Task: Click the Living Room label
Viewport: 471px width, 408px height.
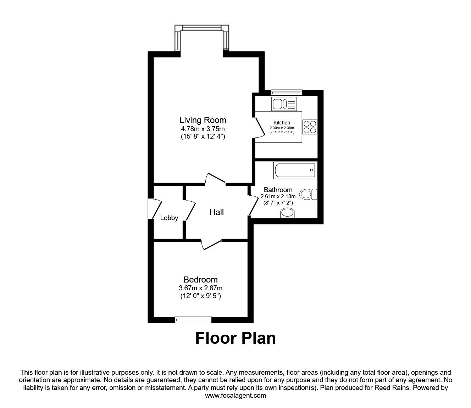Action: click(203, 120)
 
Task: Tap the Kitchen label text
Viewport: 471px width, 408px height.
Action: click(282, 123)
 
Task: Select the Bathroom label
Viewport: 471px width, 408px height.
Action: click(278, 190)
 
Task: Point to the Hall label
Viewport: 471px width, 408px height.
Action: click(216, 212)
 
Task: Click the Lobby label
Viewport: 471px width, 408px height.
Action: click(169, 218)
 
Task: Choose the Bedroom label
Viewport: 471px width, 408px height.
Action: click(200, 279)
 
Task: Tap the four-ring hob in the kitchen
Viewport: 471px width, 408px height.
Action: click(310, 127)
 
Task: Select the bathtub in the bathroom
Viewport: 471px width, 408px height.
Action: click(295, 170)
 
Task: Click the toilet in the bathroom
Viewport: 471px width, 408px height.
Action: click(308, 194)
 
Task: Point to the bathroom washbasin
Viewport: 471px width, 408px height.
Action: click(287, 213)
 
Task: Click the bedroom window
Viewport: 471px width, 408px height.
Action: click(193, 320)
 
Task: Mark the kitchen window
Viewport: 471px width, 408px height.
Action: click(287, 92)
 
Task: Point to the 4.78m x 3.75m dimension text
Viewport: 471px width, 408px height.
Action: click(203, 128)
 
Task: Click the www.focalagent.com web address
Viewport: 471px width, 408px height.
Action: click(236, 396)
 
